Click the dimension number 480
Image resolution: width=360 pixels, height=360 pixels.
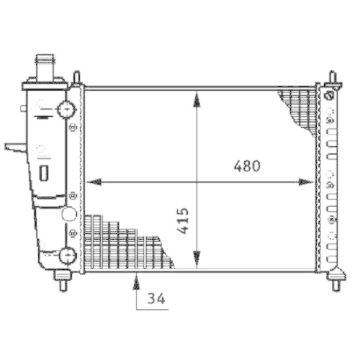tap(246, 166)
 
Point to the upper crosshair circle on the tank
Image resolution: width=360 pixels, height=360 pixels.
tap(66, 109)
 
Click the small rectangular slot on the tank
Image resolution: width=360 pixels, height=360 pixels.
tap(43, 173)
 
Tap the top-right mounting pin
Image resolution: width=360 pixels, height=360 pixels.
tap(333, 78)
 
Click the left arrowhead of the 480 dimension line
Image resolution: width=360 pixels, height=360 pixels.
tap(92, 182)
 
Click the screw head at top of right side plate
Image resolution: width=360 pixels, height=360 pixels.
tap(329, 96)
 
